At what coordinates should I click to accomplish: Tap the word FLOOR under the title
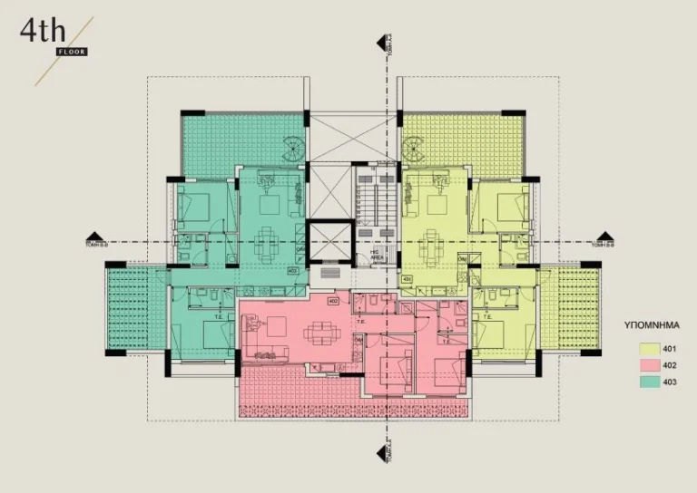[70, 52]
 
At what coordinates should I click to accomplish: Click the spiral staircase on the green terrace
[295, 148]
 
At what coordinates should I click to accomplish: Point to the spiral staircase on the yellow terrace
[413, 148]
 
